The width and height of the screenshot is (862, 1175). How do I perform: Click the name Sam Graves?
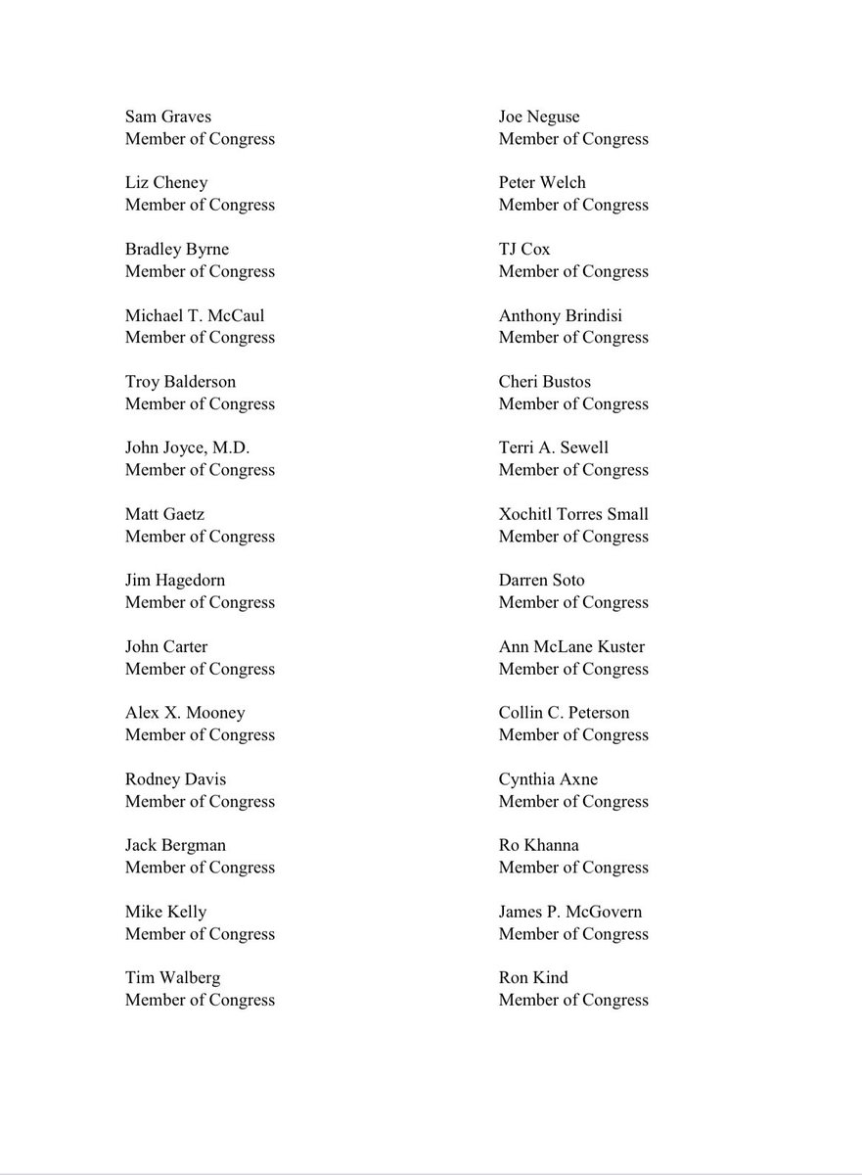tap(167, 117)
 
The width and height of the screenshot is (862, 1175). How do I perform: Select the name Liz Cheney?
tap(166, 183)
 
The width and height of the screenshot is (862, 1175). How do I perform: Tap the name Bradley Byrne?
tap(177, 249)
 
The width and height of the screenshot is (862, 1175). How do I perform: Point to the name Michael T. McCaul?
tap(195, 315)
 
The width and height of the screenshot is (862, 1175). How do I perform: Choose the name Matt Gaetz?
tap(164, 514)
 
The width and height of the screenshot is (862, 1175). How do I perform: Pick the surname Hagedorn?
tap(190, 581)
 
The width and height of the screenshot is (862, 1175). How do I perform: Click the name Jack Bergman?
tap(175, 845)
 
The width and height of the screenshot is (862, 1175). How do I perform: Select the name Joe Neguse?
tap(539, 117)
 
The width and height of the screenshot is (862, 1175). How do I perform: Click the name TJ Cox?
tap(524, 249)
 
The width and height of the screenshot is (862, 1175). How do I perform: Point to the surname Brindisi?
tap(589, 315)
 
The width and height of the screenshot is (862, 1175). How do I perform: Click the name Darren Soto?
tap(542, 581)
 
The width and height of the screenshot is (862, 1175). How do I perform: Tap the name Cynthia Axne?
tap(548, 779)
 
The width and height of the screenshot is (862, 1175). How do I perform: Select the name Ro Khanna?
tap(539, 845)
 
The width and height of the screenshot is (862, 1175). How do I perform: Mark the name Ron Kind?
tap(533, 977)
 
